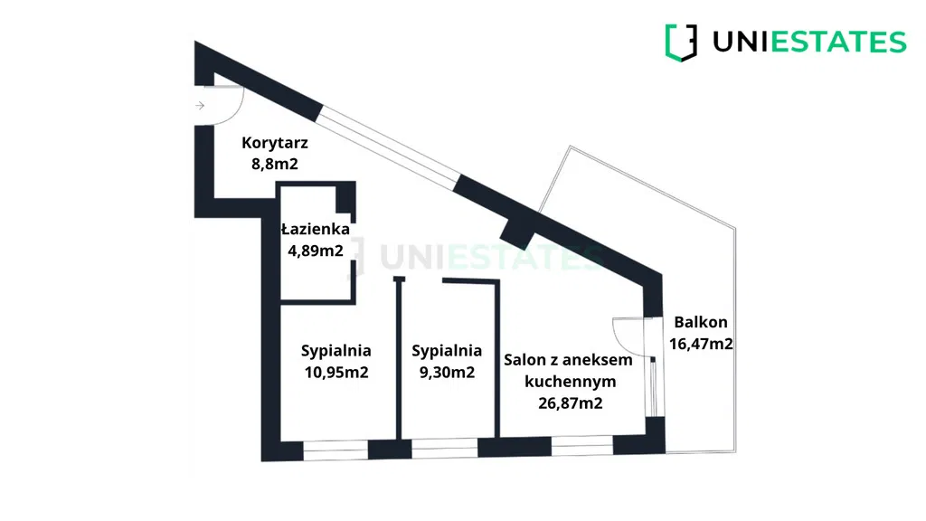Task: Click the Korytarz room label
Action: point(275,144)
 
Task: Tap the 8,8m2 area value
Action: point(275,164)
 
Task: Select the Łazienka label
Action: point(316,229)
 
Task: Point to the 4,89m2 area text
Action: point(316,251)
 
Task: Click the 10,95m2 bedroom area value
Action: point(336,372)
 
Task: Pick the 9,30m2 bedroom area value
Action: point(447,372)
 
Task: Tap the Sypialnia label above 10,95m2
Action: point(336,351)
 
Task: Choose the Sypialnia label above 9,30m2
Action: point(447,351)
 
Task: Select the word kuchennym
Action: point(571,382)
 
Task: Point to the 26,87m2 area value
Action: point(571,403)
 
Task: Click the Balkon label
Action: point(701,322)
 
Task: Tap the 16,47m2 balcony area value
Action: point(701,343)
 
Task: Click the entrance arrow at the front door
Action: point(200,106)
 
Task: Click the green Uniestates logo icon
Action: point(681,43)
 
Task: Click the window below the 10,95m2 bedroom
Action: point(335,450)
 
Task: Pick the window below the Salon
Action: point(582,446)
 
